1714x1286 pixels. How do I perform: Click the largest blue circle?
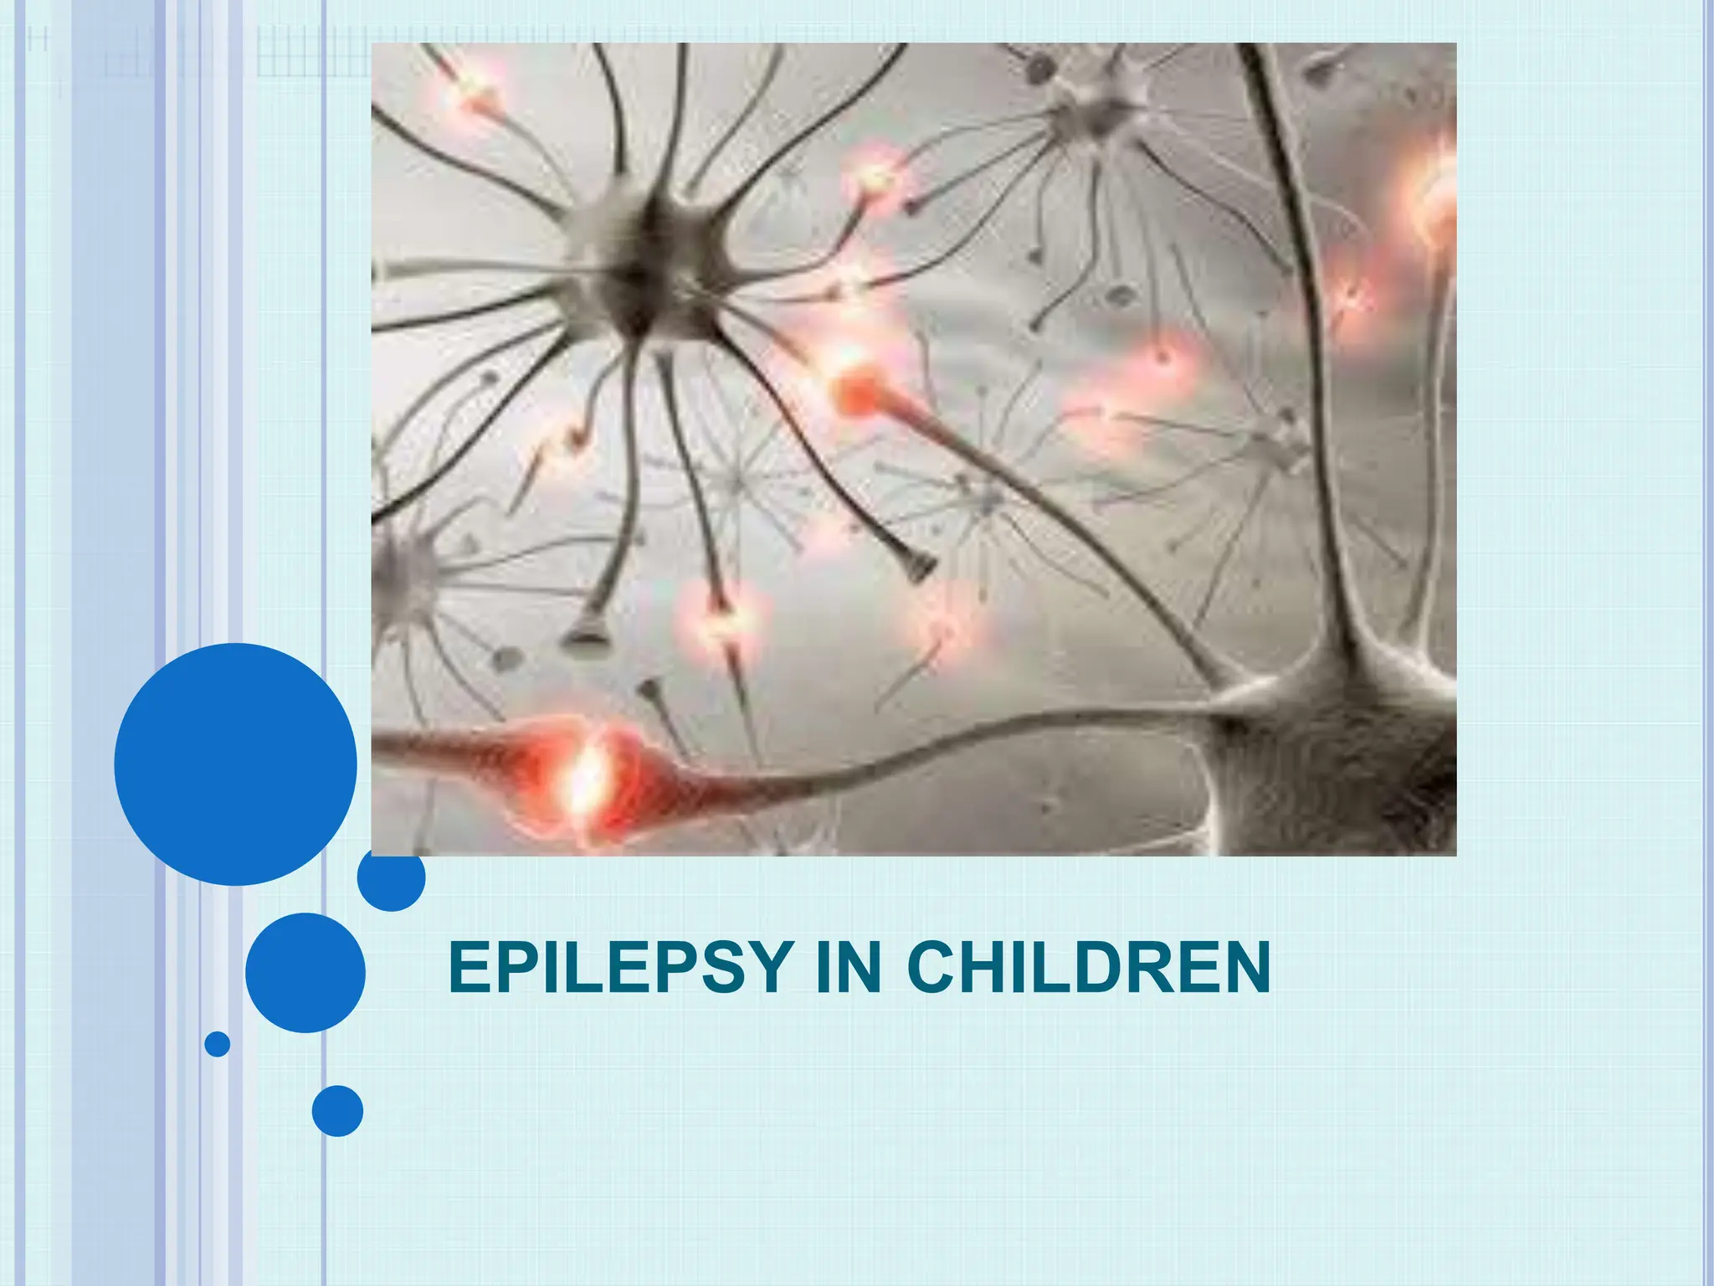[235, 764]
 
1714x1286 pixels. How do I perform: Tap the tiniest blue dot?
[218, 1044]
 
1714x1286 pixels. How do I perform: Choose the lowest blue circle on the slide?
[337, 1111]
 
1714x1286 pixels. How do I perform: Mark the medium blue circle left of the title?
[305, 972]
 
